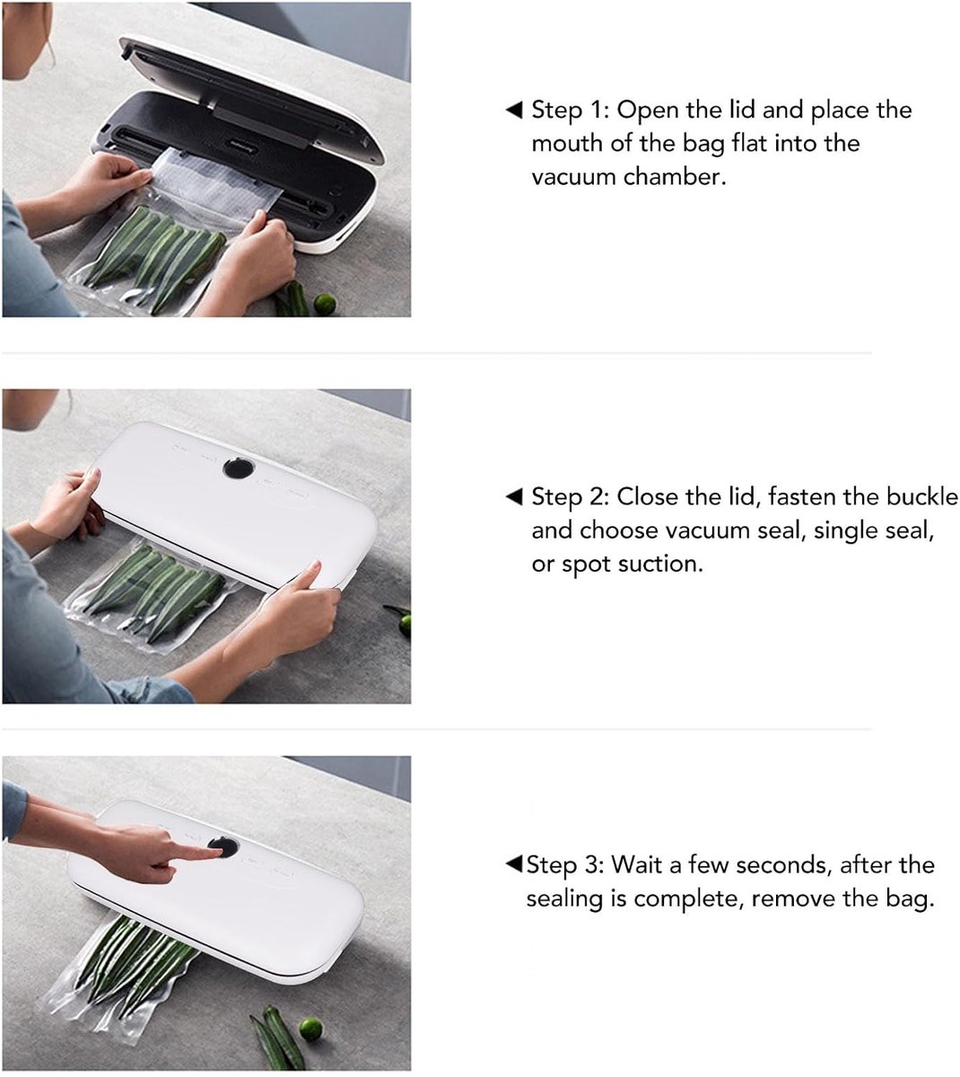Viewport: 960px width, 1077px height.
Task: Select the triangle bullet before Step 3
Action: (x=513, y=864)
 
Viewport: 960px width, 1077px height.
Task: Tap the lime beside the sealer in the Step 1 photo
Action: (x=324, y=304)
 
